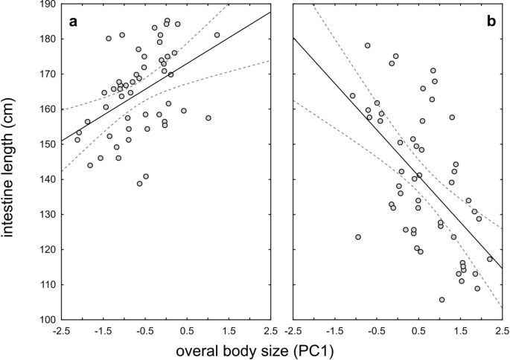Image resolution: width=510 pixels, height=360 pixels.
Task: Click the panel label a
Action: pos(73,22)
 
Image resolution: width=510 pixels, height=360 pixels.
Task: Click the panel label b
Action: pos(491,22)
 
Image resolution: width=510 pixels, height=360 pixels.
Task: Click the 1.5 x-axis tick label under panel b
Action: pos(460,330)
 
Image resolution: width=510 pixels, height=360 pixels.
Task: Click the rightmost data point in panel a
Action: pos(217,35)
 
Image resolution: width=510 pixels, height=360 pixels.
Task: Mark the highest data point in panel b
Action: pos(367,45)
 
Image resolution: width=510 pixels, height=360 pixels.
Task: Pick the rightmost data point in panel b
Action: pos(490,259)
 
